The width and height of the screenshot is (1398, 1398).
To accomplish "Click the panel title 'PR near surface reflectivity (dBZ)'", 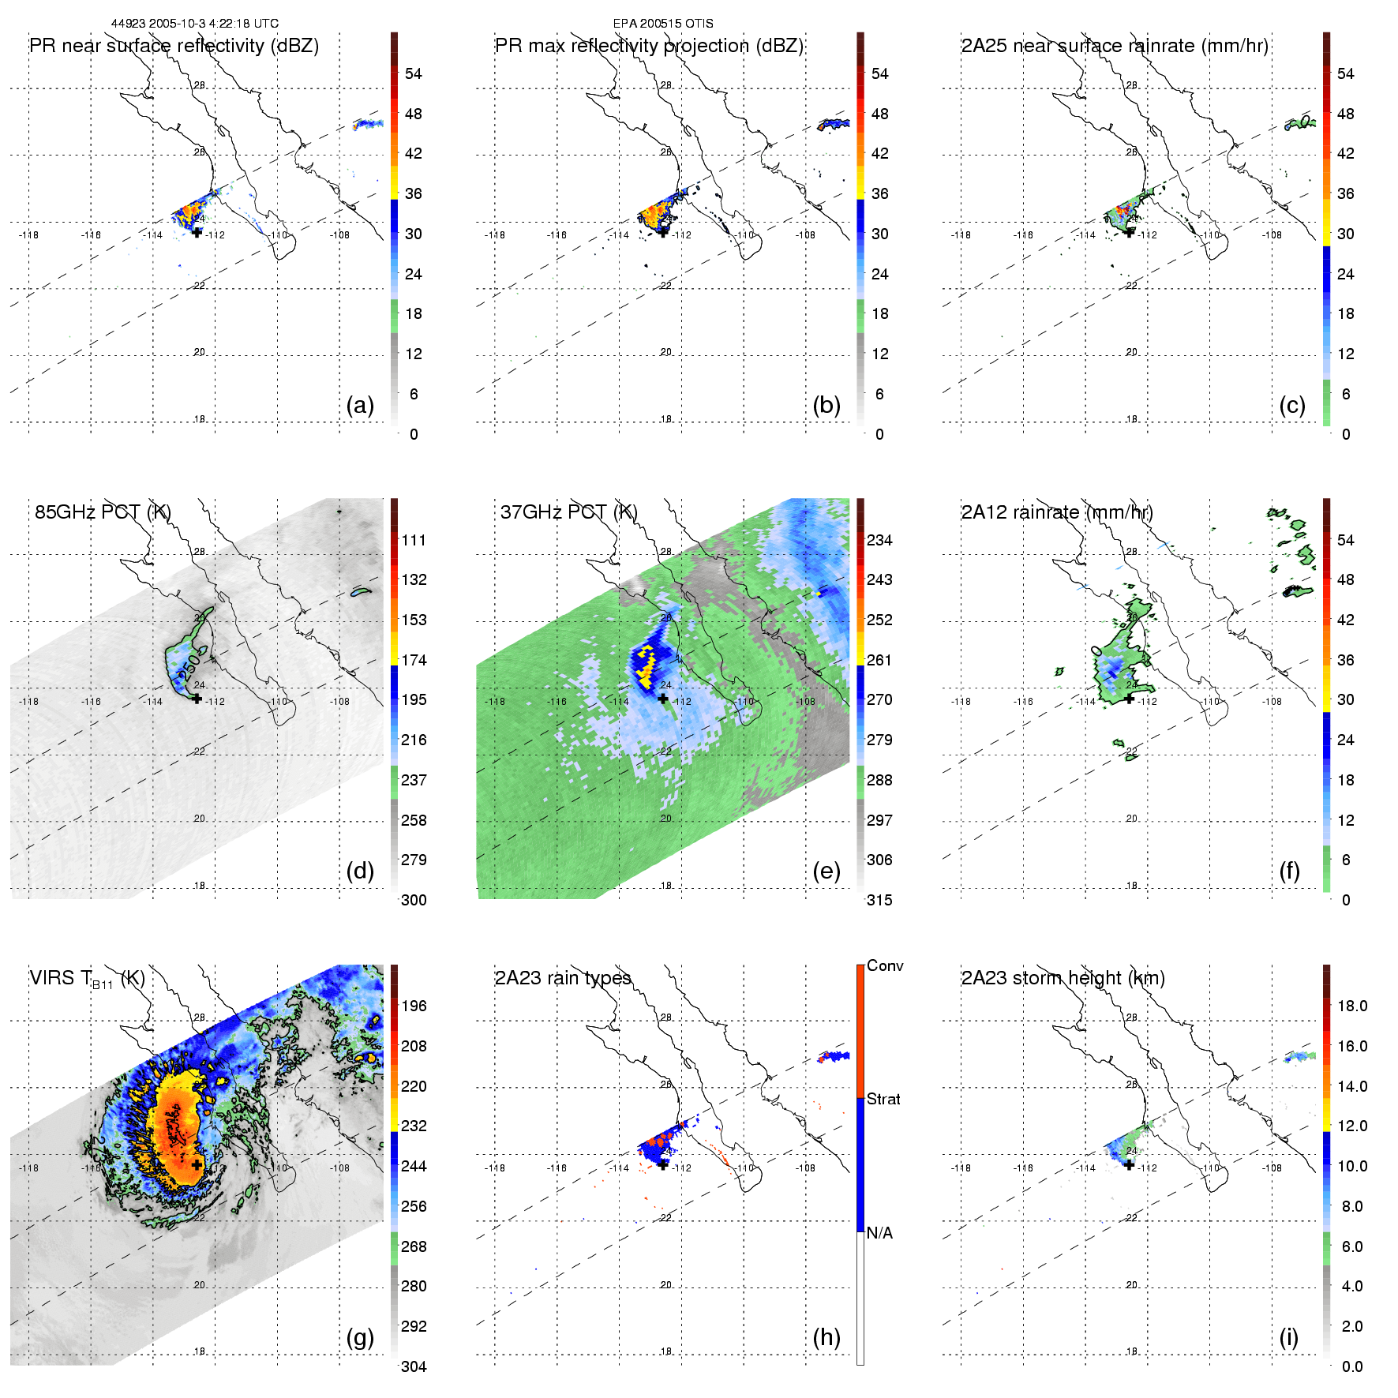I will click(x=174, y=46).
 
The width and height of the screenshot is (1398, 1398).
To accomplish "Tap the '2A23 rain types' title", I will click(x=563, y=978).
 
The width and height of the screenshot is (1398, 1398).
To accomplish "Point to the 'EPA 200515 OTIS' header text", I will click(x=663, y=24).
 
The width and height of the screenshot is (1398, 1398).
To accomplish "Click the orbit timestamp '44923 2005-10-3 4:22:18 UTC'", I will click(x=194, y=24).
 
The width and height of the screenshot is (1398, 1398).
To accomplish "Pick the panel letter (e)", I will click(x=826, y=871).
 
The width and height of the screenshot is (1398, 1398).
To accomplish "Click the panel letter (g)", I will click(x=360, y=1337).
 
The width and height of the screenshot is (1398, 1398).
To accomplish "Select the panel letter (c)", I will click(x=1292, y=405).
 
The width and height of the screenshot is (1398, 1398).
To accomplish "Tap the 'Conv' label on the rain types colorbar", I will click(x=885, y=965).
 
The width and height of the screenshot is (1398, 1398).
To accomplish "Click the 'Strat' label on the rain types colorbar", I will click(x=883, y=1099).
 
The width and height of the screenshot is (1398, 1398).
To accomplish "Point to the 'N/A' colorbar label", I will click(x=879, y=1233).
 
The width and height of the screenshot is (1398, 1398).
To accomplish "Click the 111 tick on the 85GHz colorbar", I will click(x=414, y=540).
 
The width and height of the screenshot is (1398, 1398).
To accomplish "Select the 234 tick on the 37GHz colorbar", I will click(x=879, y=540).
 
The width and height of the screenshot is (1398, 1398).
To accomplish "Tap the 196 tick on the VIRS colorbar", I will click(x=414, y=1006).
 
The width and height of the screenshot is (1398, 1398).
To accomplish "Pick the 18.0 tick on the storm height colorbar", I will click(x=1352, y=1006).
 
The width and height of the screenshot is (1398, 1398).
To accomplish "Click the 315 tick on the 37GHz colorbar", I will click(x=879, y=900).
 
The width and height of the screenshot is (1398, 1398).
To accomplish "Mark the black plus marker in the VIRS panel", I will click(x=197, y=1164).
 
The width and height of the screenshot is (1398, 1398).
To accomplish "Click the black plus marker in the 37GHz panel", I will click(x=663, y=698).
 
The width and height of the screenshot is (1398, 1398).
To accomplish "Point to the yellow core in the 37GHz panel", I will click(x=647, y=665).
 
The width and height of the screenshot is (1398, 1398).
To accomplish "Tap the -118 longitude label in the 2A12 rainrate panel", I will click(x=961, y=701).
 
